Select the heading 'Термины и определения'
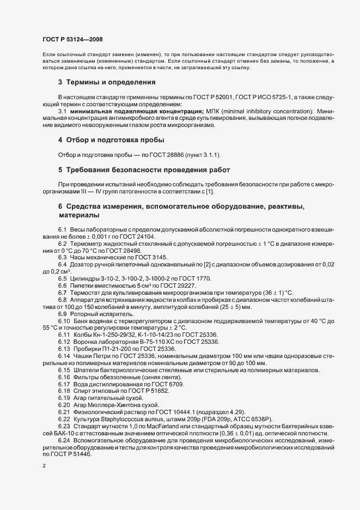click(111, 82)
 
